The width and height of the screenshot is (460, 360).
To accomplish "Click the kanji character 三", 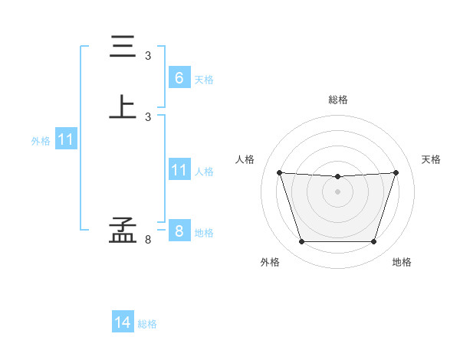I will [123, 47].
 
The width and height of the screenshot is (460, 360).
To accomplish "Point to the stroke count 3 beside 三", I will [148, 56].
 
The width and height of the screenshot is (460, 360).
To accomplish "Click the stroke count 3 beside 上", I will [148, 116].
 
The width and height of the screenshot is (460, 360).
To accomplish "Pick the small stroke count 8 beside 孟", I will [148, 240].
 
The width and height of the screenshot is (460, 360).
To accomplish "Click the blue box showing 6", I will [179, 77].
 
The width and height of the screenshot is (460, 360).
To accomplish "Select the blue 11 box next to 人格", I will [179, 169].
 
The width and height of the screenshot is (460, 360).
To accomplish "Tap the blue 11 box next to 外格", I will [66, 139].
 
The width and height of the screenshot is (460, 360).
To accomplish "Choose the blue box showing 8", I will [179, 231].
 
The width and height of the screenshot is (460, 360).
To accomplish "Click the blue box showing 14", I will [123, 322].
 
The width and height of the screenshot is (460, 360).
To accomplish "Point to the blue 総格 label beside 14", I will [147, 324].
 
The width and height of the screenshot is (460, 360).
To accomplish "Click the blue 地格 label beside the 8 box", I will [204, 233].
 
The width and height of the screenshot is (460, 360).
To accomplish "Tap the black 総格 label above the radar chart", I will [337, 100].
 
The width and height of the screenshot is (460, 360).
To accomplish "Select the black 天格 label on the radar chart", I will [431, 159].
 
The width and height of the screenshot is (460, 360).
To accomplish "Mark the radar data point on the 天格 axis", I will [396, 172].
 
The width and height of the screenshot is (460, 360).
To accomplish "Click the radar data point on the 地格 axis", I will [373, 242].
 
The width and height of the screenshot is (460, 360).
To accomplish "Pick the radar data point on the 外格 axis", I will [301, 242].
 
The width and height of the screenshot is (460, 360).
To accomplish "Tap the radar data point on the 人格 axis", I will [279, 172].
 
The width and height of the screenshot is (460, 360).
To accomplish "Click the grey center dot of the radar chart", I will [337, 191].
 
